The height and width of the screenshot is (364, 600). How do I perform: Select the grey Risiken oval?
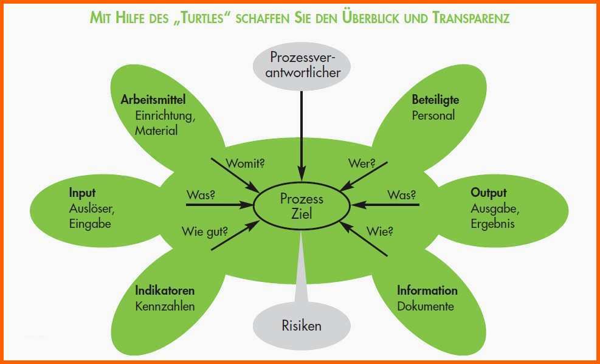point(302,326)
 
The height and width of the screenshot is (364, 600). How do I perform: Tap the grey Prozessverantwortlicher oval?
point(302,66)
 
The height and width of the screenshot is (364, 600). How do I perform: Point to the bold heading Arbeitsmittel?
point(153,100)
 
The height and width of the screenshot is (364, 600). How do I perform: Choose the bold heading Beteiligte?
point(435,100)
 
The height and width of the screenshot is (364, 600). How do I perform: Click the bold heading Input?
point(82,193)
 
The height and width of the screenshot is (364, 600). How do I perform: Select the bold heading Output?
point(489,193)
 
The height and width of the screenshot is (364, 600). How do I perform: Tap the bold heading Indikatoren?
point(165,290)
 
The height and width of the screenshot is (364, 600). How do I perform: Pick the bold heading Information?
point(427,290)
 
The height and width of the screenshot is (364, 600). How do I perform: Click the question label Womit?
point(245,163)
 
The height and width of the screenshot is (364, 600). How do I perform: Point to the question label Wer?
point(362,163)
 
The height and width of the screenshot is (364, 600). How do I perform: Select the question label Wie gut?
point(205,232)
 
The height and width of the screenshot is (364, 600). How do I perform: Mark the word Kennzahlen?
point(165,306)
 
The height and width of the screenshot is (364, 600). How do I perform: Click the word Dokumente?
point(426,306)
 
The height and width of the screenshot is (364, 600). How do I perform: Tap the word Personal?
point(433,115)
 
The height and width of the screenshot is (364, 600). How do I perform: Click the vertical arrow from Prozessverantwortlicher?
point(302,136)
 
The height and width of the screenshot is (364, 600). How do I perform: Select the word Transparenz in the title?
point(472,18)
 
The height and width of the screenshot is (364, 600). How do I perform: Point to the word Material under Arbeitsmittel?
point(156,131)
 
